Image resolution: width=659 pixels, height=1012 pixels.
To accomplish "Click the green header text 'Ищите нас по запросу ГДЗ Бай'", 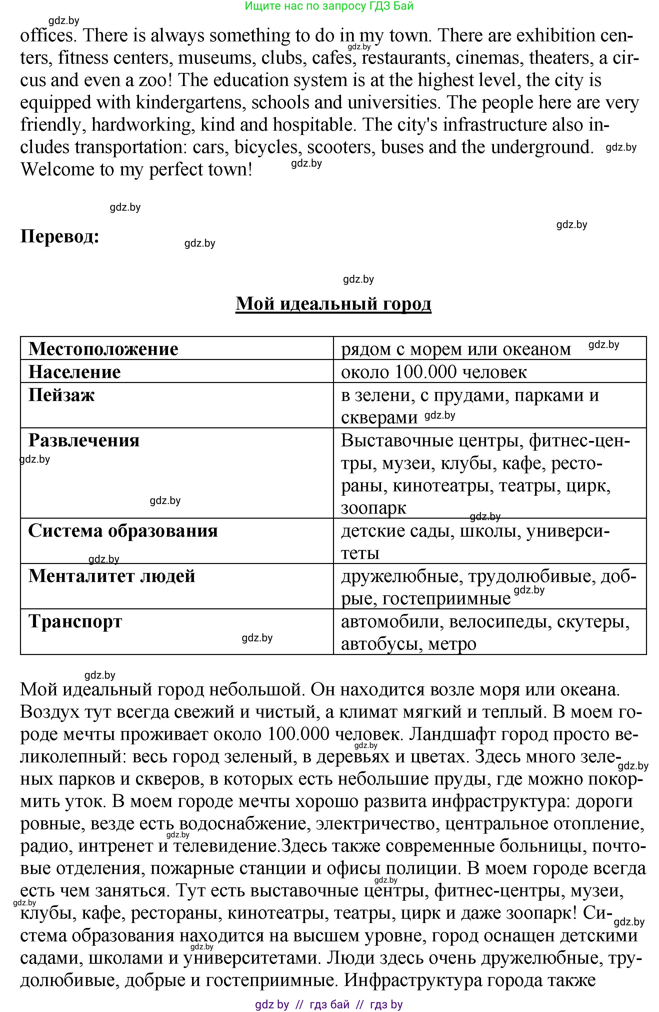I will (329, 6).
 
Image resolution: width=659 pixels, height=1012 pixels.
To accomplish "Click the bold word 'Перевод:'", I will (60, 236).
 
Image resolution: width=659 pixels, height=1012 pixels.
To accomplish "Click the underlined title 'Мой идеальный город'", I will (333, 304).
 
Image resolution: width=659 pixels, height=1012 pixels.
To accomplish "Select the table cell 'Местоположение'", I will (103, 349).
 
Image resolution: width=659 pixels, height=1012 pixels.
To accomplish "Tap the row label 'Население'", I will (74, 372).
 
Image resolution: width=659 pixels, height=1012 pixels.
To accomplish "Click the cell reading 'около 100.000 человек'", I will (434, 372).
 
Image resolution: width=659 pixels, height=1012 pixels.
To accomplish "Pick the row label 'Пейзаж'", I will (61, 395).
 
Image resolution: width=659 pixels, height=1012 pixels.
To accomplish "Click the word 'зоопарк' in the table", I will (373, 508).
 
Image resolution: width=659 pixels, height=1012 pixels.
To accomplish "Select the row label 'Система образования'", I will (123, 531).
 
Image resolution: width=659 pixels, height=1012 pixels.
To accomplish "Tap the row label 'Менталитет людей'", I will (111, 576).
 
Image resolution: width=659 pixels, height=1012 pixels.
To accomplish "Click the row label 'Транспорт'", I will (75, 622).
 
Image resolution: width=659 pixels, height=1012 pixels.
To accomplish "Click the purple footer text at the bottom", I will (329, 1005).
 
